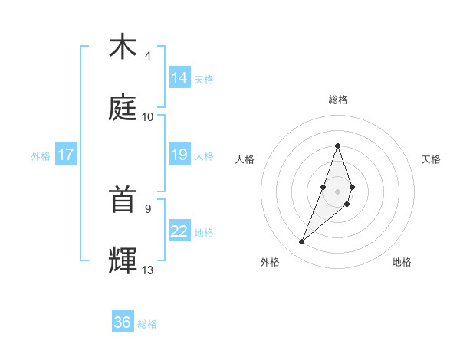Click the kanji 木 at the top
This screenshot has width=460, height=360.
coord(123,47)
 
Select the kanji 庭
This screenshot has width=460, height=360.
coord(123,109)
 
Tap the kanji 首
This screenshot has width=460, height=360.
coord(123,201)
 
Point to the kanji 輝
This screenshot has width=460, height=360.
coord(123,260)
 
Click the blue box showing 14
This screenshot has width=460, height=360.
coord(179,77)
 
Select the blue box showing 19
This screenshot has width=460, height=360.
coord(179,155)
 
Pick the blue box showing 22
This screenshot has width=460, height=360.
coord(179,231)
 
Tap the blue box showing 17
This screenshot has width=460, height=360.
coord(66,155)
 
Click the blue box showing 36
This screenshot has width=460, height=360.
coord(123,322)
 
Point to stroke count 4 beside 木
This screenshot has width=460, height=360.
coord(148,56)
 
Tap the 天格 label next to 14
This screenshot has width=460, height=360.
coord(204,79)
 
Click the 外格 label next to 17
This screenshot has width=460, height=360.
coord(41,156)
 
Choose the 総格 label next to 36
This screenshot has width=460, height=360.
coord(147,324)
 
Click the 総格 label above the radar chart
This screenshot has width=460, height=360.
coord(337,100)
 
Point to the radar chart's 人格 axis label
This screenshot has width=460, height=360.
coord(245,159)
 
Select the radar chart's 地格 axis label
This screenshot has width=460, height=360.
coord(402,262)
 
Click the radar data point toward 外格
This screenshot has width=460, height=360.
coord(302,242)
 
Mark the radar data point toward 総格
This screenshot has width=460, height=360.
coord(337,146)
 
